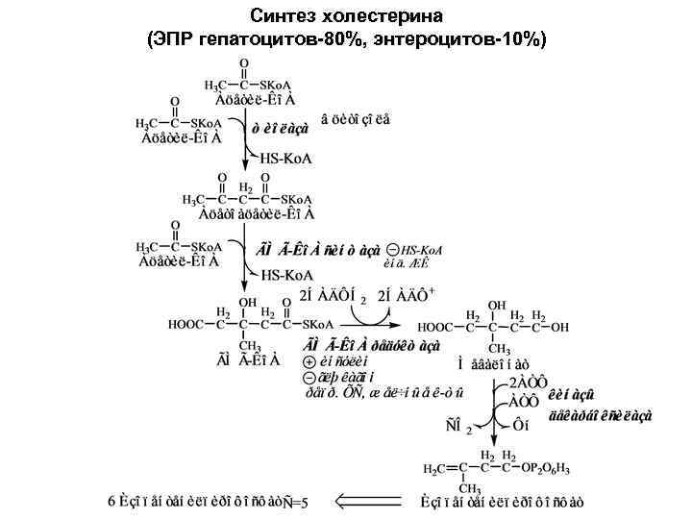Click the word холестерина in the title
tap(383, 16)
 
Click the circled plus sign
tap(308, 361)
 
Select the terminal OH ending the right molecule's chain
tap(565, 326)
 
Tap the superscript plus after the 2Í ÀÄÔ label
tap(432, 291)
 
